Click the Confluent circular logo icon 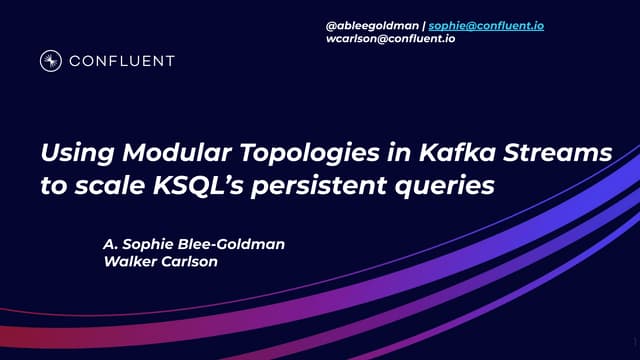click(51, 61)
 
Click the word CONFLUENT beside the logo click(121, 61)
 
